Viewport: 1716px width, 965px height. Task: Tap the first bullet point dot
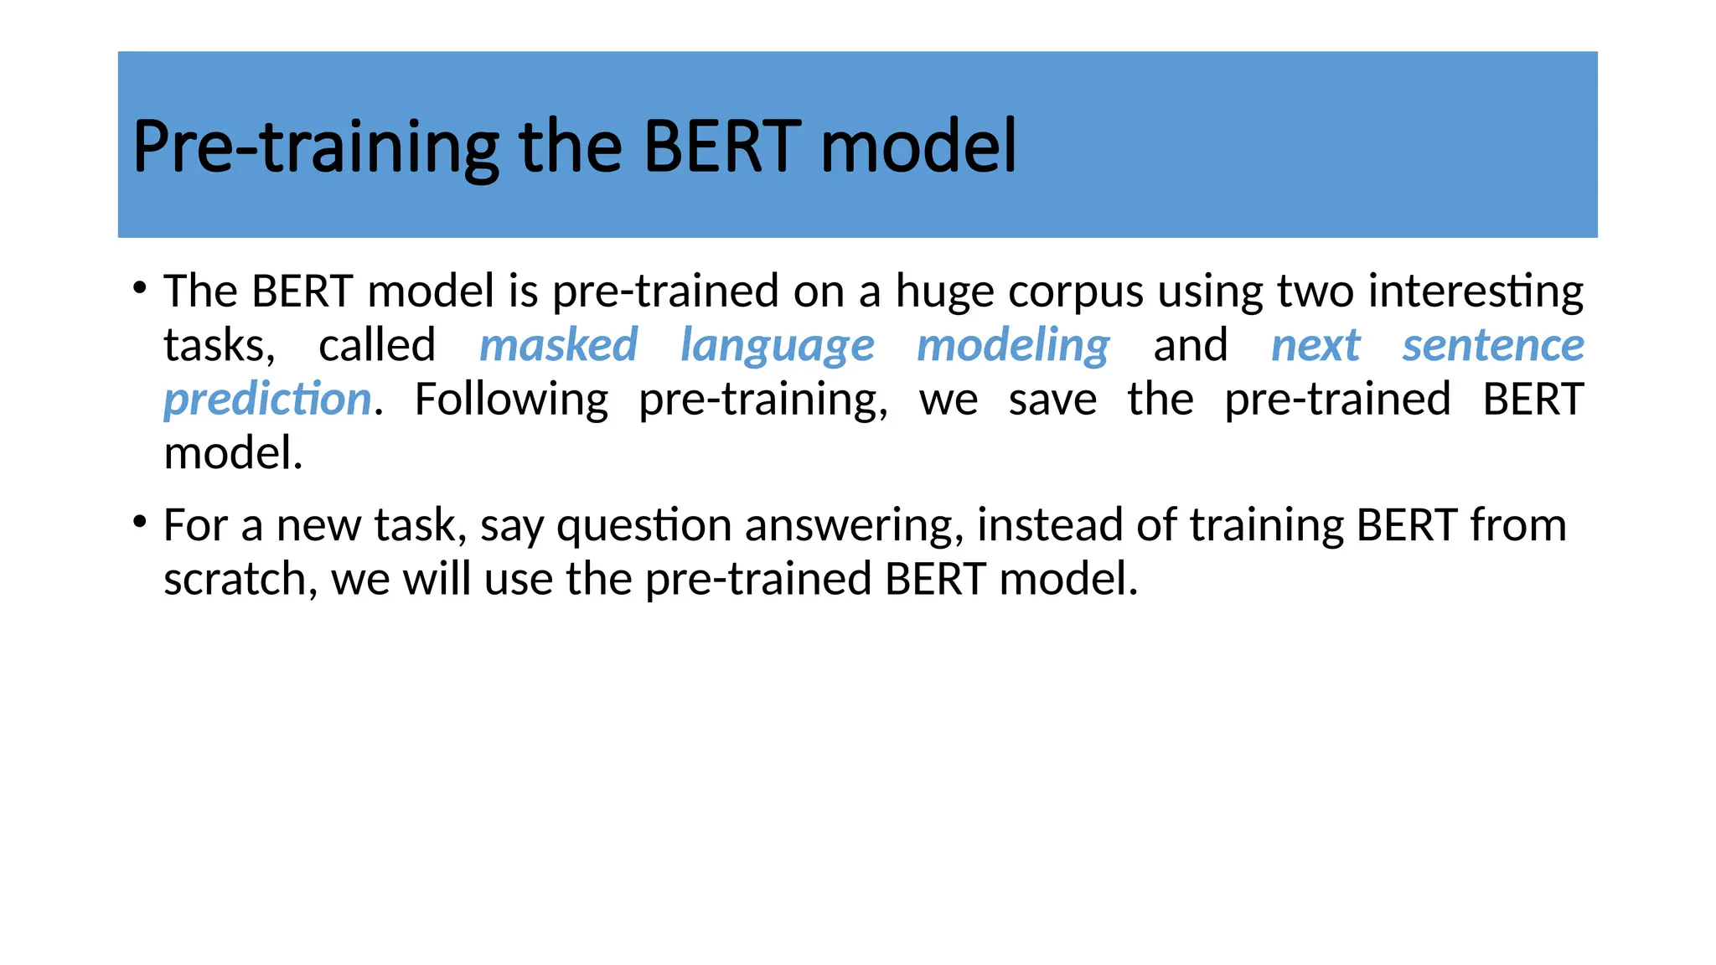pyautogui.click(x=140, y=289)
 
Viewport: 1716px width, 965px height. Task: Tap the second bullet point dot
pyautogui.click(x=140, y=523)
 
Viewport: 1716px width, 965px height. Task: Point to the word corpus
pyautogui.click(x=1075, y=292)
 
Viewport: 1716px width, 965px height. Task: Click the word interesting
pyautogui.click(x=1475, y=292)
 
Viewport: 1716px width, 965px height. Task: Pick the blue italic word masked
pyautogui.click(x=558, y=345)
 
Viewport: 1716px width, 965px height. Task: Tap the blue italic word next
pyautogui.click(x=1315, y=345)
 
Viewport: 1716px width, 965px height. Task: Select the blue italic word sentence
pyautogui.click(x=1493, y=345)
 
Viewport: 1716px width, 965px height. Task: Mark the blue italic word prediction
pyautogui.click(x=267, y=400)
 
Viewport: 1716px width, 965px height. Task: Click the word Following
pyautogui.click(x=511, y=400)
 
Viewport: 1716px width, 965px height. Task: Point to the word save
pyautogui.click(x=1052, y=400)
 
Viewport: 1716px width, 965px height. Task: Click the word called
pyautogui.click(x=377, y=345)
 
